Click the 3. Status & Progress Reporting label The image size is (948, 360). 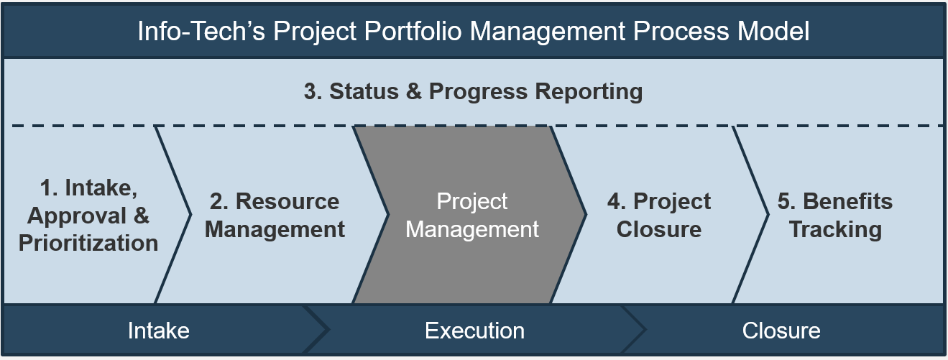coord(473,92)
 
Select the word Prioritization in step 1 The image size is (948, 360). coord(88,244)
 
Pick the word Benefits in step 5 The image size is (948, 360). coord(848,201)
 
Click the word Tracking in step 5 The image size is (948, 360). coord(835,230)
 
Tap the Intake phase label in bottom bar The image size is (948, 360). coord(159,331)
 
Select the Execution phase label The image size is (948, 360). coord(474,331)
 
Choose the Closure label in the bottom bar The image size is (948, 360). coord(781,331)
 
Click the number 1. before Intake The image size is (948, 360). coord(49,188)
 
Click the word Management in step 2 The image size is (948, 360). coord(275,230)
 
